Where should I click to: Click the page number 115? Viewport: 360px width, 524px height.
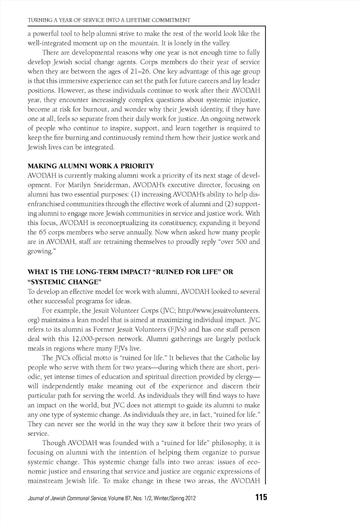click(x=261, y=497)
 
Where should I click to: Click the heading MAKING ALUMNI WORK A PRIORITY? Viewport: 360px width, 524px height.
click(x=91, y=166)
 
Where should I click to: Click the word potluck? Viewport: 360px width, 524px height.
click(x=249, y=339)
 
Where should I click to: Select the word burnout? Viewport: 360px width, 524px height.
click(x=96, y=109)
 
